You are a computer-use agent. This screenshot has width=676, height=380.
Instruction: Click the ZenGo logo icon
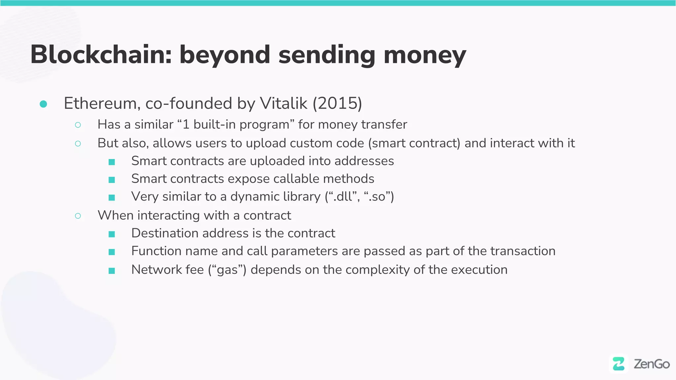(619, 364)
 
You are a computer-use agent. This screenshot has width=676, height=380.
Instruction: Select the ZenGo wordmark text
(652, 364)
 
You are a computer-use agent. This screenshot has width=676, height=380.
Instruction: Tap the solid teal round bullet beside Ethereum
(43, 104)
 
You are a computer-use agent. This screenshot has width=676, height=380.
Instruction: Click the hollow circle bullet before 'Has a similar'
(78, 125)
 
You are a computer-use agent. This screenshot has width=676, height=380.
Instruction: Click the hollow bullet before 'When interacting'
(78, 216)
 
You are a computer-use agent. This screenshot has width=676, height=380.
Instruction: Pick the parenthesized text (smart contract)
(414, 143)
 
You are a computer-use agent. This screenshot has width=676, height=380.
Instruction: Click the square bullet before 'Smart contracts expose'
(112, 180)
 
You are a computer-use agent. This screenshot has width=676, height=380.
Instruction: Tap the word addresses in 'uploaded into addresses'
(364, 161)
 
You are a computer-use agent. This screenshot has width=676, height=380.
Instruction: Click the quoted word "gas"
(227, 270)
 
